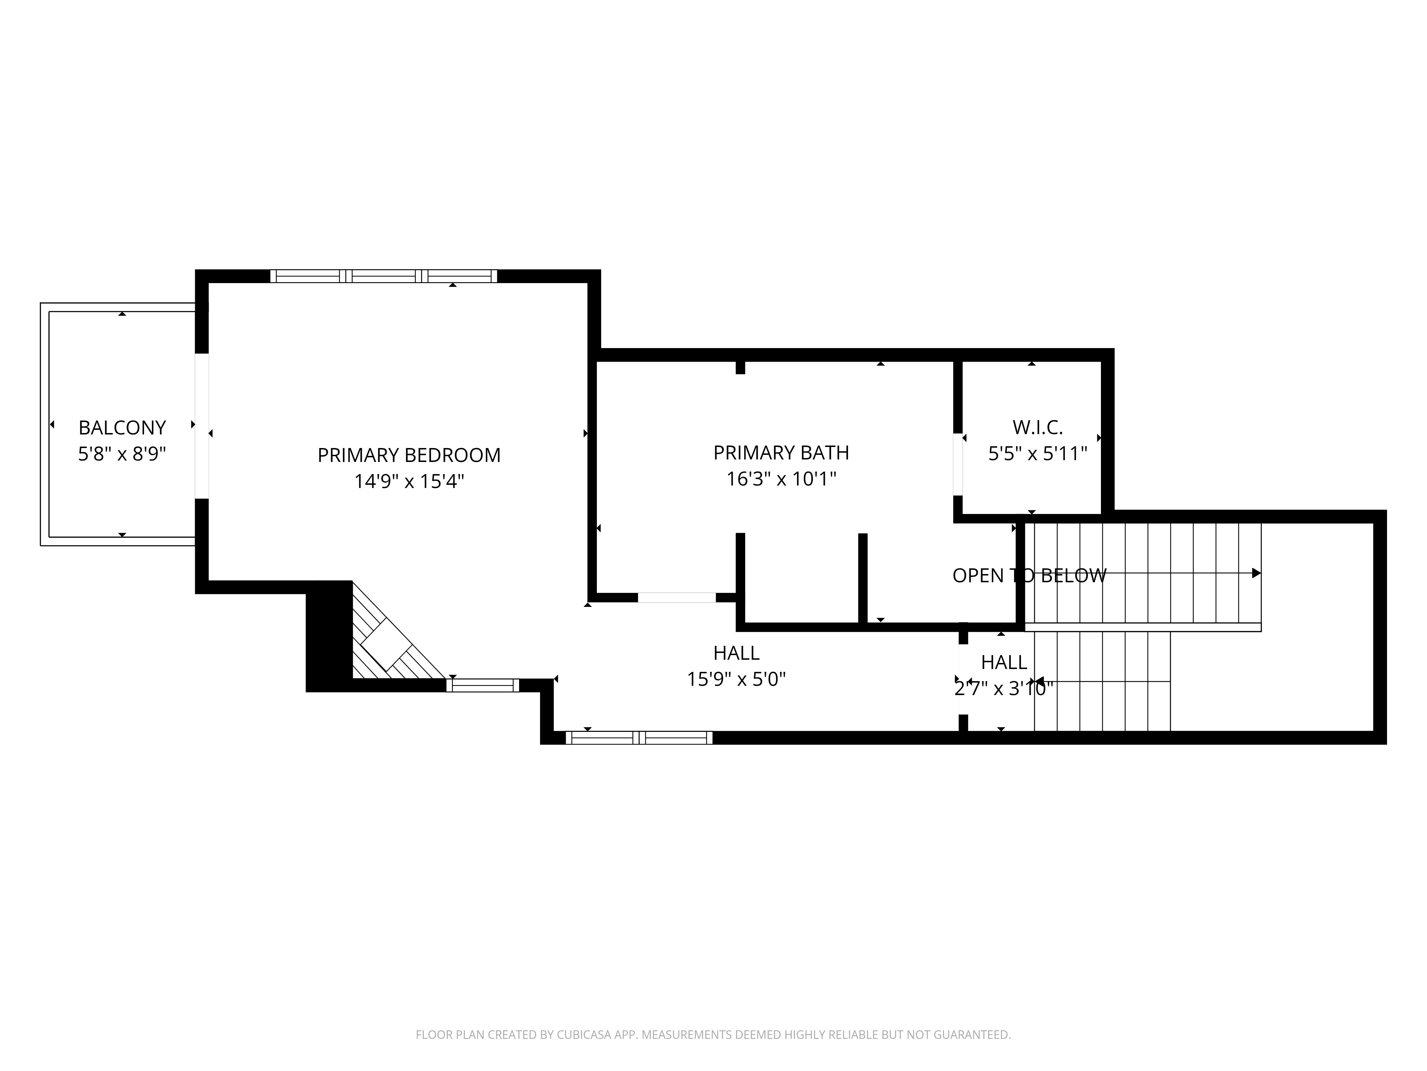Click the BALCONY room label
coord(122,427)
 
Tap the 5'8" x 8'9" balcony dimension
coord(122,454)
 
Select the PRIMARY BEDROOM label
coord(408,455)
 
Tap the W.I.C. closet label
coord(1037,427)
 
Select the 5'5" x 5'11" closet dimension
coord(1037,454)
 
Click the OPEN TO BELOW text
coord(1029,575)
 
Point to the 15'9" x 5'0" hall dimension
coord(736,679)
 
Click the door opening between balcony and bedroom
coord(202,426)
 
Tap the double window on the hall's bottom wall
coord(639,738)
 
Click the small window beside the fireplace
coord(483,685)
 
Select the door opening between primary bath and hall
coord(677,597)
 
